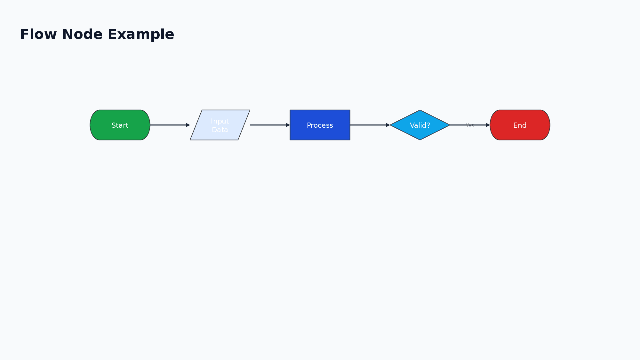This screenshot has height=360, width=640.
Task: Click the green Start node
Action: pyautogui.click(x=120, y=125)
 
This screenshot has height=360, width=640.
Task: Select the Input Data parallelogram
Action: pyautogui.click(x=220, y=125)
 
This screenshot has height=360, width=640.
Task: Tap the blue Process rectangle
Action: pyautogui.click(x=320, y=125)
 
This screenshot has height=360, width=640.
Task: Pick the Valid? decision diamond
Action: pyautogui.click(x=420, y=125)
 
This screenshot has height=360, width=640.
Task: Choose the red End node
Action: pyautogui.click(x=520, y=125)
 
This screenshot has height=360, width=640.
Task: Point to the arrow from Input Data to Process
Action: pyautogui.click(x=269, y=125)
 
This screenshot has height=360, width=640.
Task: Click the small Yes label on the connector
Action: pyautogui.click(x=470, y=125)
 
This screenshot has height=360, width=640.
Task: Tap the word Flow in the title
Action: pyautogui.click(x=39, y=34)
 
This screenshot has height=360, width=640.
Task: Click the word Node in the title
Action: pyautogui.click(x=82, y=34)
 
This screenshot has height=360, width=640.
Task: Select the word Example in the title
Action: pyautogui.click(x=141, y=34)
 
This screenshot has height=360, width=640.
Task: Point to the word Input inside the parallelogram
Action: pyautogui.click(x=220, y=121)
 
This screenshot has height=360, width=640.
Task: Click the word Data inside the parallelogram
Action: pyautogui.click(x=220, y=130)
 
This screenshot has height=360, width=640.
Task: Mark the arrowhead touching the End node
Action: pyautogui.click(x=488, y=125)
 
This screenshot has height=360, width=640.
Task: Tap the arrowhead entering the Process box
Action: pyautogui.click(x=288, y=125)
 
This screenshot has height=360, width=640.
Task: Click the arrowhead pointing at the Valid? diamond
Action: pyautogui.click(x=388, y=125)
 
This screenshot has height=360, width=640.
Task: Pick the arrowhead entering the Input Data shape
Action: pyautogui.click(x=188, y=125)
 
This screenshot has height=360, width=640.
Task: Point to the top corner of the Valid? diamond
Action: pyautogui.click(x=420, y=110)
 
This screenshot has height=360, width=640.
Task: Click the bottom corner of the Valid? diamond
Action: pyautogui.click(x=420, y=140)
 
